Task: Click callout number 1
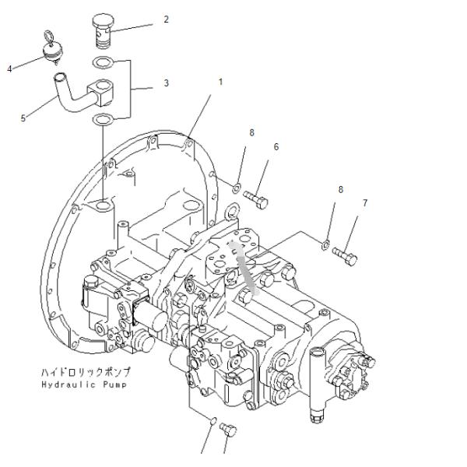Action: [220, 82]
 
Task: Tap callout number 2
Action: [167, 19]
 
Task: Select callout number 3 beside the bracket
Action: [167, 83]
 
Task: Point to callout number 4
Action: [9, 69]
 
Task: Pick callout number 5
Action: [23, 118]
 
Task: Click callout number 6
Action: [276, 147]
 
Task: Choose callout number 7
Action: [365, 203]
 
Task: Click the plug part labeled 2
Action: [104, 30]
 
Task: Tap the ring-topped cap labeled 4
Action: [51, 48]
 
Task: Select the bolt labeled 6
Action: [256, 199]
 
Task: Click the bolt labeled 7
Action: [345, 256]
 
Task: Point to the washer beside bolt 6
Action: [237, 188]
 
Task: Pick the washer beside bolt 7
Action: [326, 245]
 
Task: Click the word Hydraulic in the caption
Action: [68, 384]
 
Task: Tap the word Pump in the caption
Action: [115, 384]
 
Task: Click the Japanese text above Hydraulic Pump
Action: [86, 372]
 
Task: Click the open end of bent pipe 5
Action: [59, 76]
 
